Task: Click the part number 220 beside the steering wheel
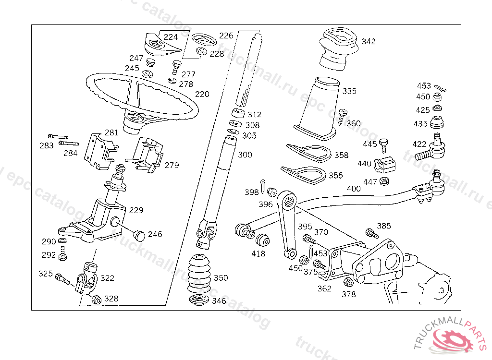tap(202, 94)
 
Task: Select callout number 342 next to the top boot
tap(369, 41)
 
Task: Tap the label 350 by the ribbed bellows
tap(221, 278)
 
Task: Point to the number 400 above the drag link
tap(354, 189)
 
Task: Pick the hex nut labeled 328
tap(97, 300)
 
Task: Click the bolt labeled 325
tap(62, 279)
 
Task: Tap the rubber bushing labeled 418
tap(262, 240)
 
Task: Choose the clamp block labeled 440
tap(384, 164)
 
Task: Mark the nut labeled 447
tap(384, 181)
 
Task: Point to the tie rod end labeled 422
tap(430, 148)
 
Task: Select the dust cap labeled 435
tap(436, 122)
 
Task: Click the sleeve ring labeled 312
tap(238, 113)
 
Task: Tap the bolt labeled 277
tap(176, 67)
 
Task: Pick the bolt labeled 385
tap(372, 233)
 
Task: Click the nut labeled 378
tap(349, 282)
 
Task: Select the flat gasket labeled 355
tap(304, 174)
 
